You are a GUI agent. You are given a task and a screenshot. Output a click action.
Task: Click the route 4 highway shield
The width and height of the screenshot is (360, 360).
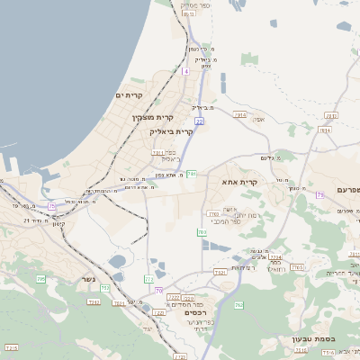click(x=185, y=70)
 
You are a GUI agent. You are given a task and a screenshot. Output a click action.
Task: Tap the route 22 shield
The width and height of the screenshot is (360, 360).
click(x=199, y=121)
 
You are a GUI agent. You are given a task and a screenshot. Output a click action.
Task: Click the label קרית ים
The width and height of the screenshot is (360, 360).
click(x=130, y=95)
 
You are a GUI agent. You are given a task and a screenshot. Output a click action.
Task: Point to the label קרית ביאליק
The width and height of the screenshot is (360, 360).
click(x=171, y=131)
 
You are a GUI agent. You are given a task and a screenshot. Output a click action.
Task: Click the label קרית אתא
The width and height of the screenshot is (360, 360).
click(x=240, y=182)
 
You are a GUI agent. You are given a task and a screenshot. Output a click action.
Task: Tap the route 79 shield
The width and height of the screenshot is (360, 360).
click(x=319, y=194)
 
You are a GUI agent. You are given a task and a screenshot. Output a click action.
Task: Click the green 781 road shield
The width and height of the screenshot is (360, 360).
click(x=192, y=174)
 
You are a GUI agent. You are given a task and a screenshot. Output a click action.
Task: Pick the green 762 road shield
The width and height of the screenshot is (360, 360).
click(x=238, y=305)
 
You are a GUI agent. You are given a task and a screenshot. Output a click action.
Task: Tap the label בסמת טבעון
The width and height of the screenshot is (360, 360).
click(x=313, y=339)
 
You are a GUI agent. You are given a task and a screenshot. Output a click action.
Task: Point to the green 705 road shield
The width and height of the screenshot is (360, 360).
click(x=40, y=279)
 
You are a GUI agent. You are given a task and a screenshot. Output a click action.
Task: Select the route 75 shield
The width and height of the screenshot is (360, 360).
click(x=52, y=206)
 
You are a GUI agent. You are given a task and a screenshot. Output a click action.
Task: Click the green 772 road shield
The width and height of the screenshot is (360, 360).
click(x=148, y=280)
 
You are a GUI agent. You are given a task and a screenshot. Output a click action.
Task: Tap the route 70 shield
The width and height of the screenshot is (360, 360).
click(x=158, y=291)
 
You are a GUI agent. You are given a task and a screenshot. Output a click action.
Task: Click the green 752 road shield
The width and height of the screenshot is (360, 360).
click(x=105, y=289)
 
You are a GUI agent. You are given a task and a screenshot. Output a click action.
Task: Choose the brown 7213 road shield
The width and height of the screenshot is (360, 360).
click(x=12, y=346)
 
